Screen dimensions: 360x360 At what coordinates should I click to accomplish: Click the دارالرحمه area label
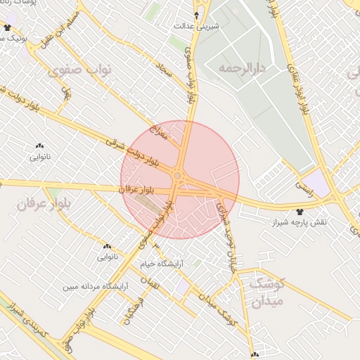click(240, 69)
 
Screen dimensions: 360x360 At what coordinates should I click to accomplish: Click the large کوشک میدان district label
click(265, 292)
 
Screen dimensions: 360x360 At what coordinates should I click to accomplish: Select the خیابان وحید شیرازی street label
click(228, 232)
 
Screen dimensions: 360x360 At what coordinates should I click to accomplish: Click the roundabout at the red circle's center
click(179, 175)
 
